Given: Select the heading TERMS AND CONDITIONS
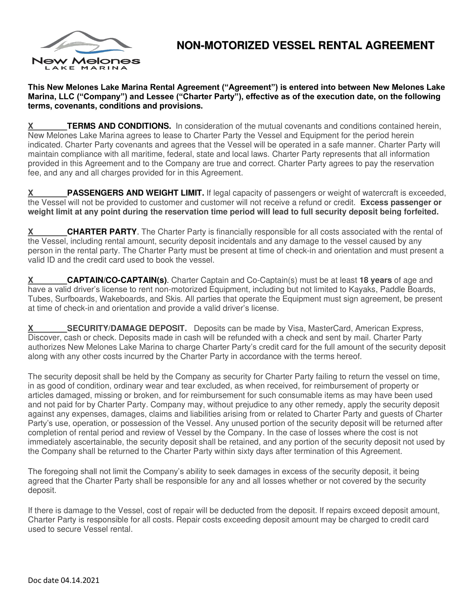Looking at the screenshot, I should (x=119, y=126).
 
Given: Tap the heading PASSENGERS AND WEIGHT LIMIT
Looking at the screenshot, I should (x=135, y=193).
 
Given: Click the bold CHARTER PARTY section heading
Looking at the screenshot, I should (x=102, y=232).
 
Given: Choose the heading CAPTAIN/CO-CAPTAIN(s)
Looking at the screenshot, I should (x=117, y=280).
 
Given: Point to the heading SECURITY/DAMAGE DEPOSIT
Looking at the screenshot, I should (x=127, y=329).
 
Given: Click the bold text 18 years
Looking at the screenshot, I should (x=376, y=280).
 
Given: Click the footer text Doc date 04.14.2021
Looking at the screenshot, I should (x=64, y=580).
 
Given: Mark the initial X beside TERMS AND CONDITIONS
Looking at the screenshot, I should (x=31, y=126).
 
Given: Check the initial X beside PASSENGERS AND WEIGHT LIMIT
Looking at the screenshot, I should (x=31, y=193).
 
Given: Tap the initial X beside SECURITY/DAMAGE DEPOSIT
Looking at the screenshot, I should (x=31, y=329).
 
